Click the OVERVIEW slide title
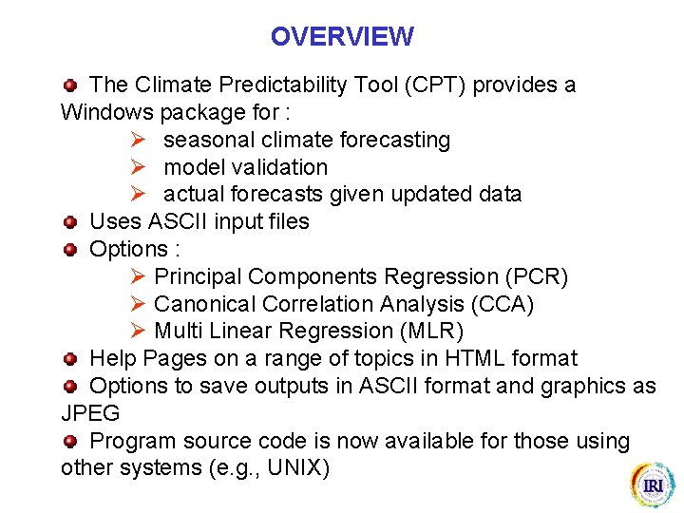[x=342, y=37]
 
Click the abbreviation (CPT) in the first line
[x=435, y=85]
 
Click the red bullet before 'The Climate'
[x=69, y=85]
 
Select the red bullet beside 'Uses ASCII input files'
[x=69, y=222]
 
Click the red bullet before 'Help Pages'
[x=69, y=359]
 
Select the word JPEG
[x=90, y=413]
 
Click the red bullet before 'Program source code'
[x=69, y=442]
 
